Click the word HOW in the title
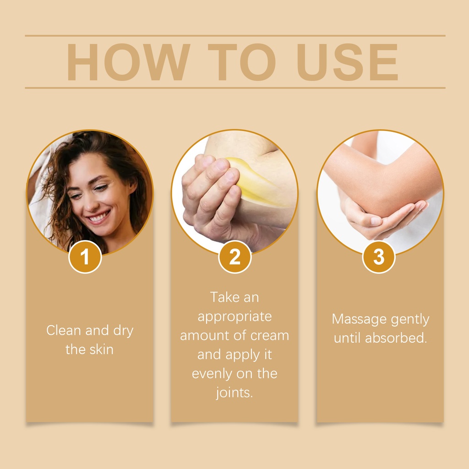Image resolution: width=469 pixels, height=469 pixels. point(128,62)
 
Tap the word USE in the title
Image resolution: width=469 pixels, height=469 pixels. point(347,62)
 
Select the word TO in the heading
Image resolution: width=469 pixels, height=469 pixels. point(242,62)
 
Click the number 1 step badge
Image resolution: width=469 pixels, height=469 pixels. point(85,257)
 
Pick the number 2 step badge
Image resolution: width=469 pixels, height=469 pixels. point(235,257)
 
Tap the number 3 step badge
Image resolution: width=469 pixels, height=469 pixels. point(379,257)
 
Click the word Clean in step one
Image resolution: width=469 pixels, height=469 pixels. point(64,330)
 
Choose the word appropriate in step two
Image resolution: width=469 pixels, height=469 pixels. point(234,317)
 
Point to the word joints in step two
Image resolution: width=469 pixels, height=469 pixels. point(234,393)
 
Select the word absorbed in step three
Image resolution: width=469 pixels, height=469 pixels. point(396,338)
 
